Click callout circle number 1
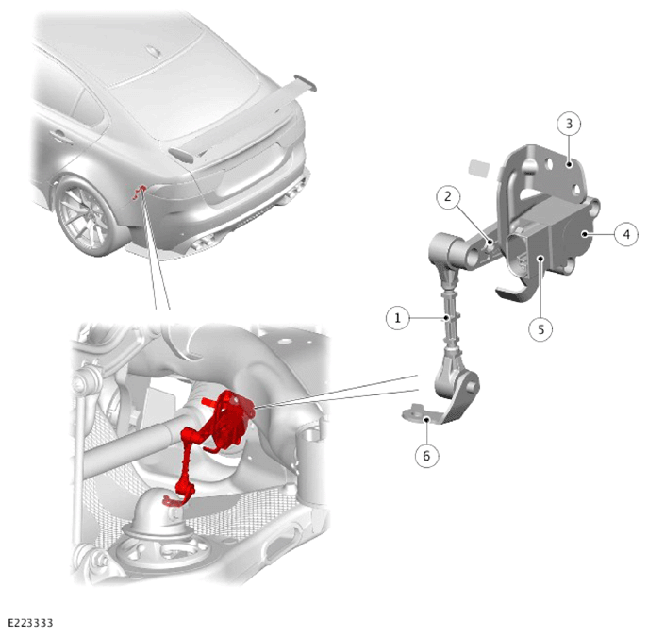pos(397,318)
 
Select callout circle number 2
pos(448,197)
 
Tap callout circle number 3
pos(569,124)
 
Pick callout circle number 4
pos(626,234)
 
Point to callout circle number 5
pos(541,329)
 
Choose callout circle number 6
pos(426,456)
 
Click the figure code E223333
pos(30,623)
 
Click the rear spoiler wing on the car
pos(244,120)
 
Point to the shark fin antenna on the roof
pos(154,51)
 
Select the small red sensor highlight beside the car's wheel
pos(140,193)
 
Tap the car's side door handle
pos(61,137)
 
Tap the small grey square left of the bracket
pos(479,169)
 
